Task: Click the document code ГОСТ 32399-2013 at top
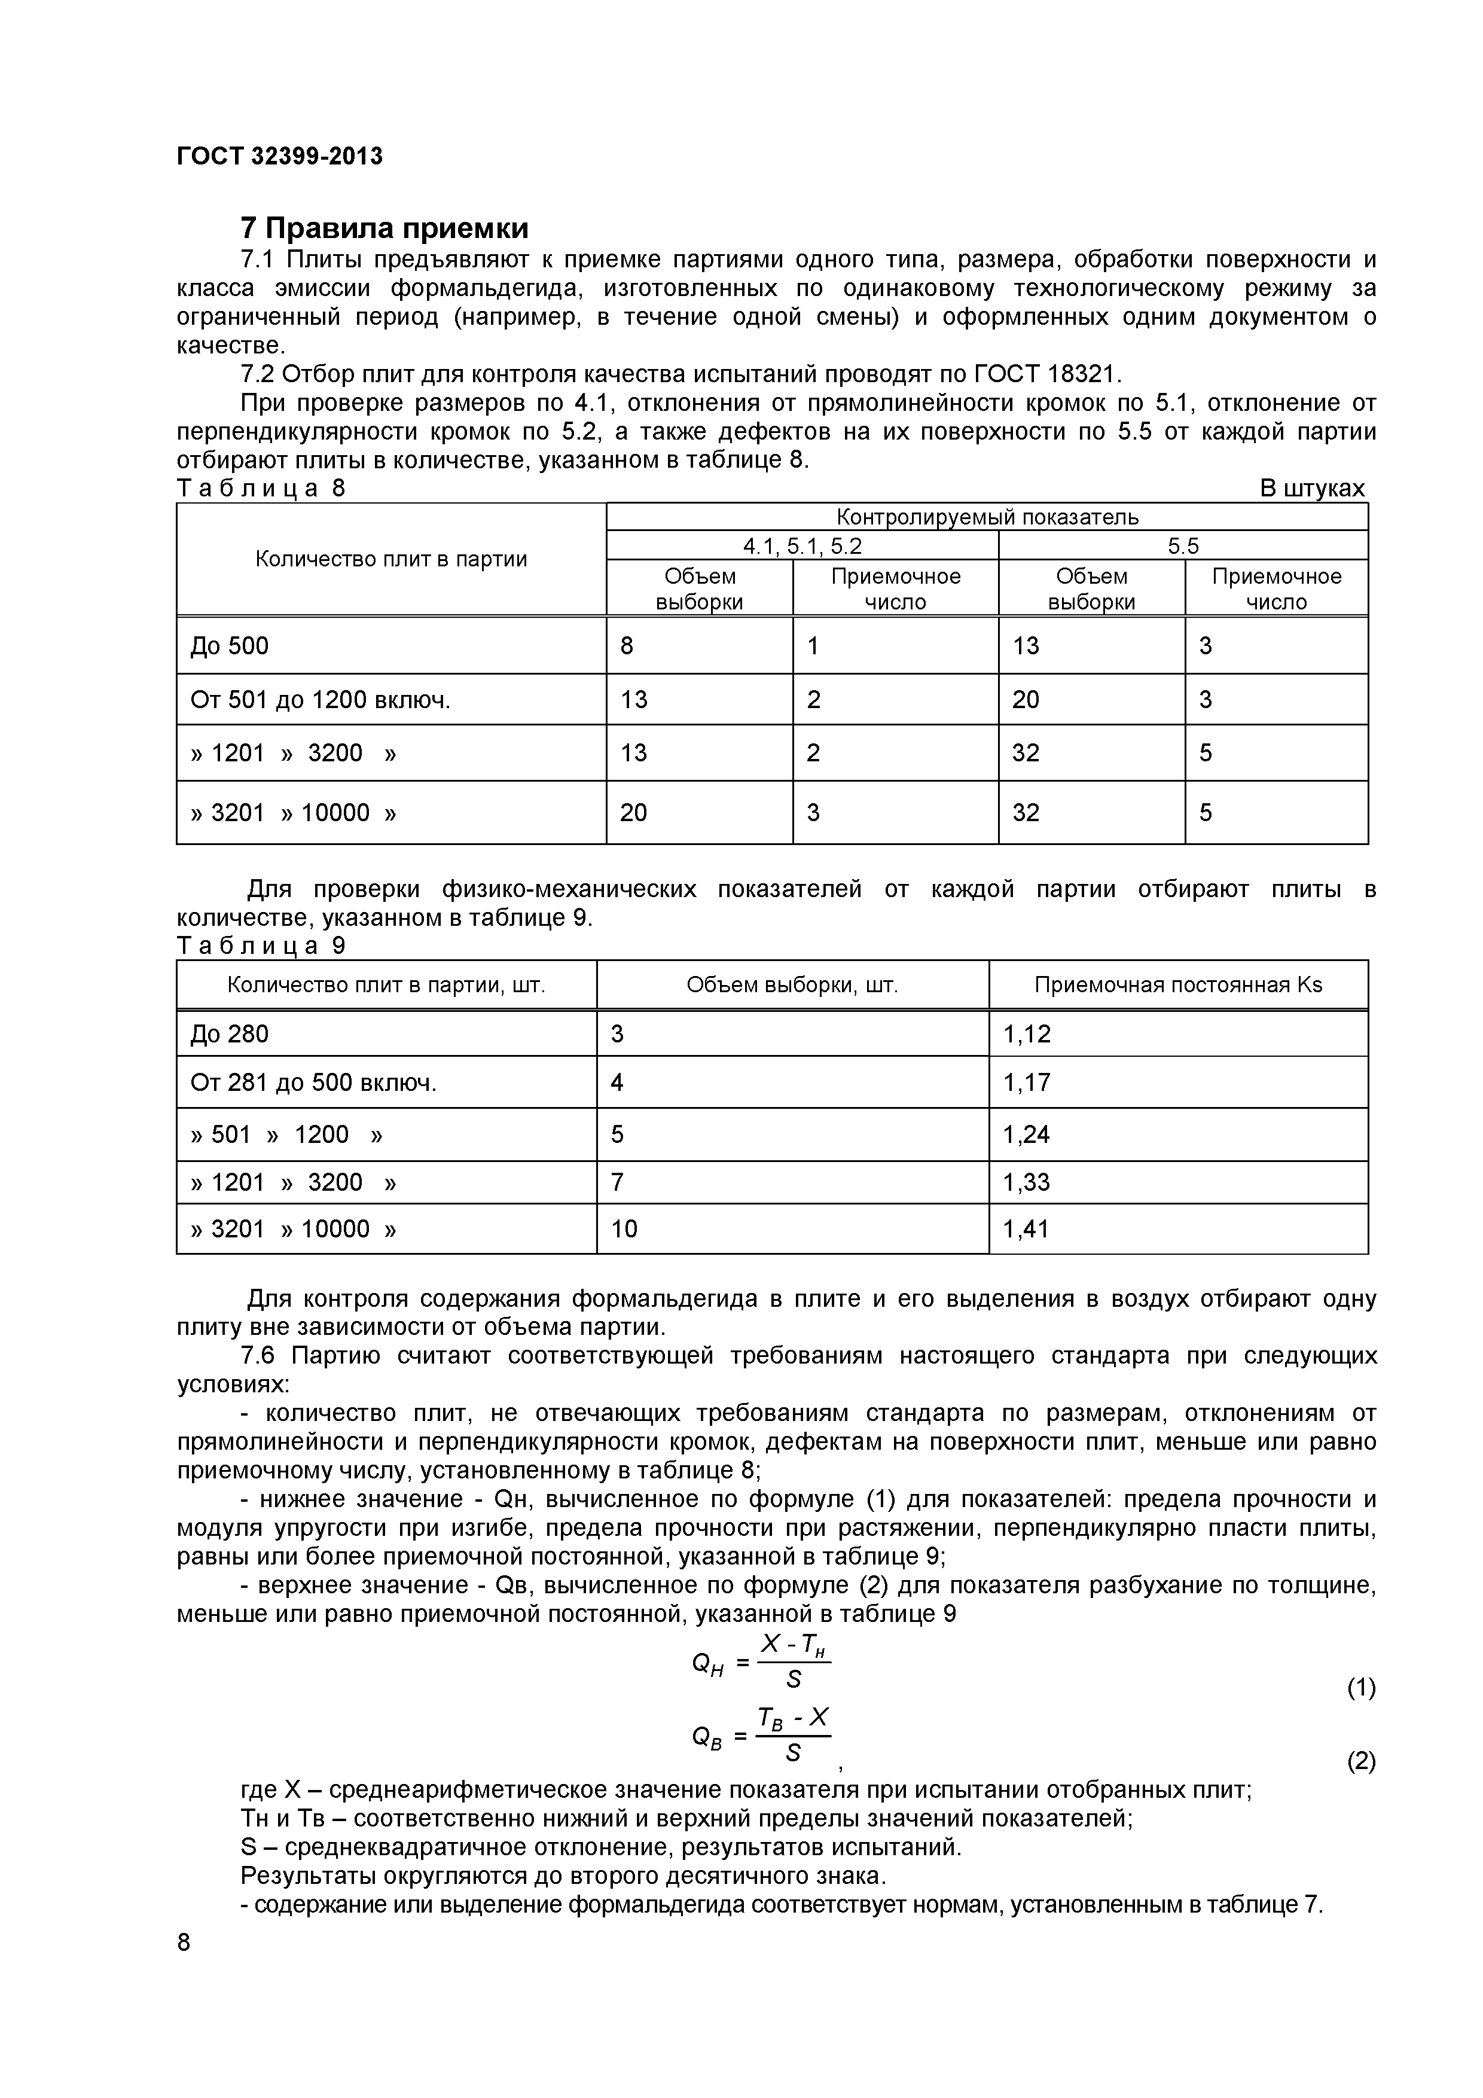pos(280,156)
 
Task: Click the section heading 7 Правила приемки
pos(384,227)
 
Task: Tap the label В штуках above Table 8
pos(1312,489)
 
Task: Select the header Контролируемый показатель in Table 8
pos(987,517)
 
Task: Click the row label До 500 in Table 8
pos(230,646)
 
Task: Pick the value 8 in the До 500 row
pos(627,646)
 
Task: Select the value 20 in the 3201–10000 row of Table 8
pos(633,812)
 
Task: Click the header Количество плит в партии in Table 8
pos(391,559)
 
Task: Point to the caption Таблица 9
pos(261,946)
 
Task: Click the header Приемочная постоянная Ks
pos(1178,985)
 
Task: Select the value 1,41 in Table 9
pos(1027,1229)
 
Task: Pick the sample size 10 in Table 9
pos(624,1229)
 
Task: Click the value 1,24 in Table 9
pos(1027,1135)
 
